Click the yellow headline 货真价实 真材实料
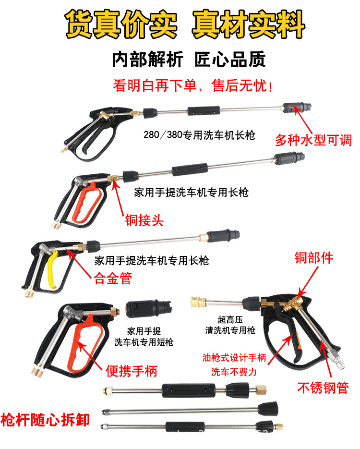tap(185, 24)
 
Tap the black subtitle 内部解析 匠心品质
tap(189, 60)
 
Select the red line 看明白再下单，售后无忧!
tap(192, 85)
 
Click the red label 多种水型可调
tap(313, 140)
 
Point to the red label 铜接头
tap(144, 220)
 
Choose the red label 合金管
tap(113, 279)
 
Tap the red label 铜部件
tap(314, 258)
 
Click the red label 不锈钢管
tap(323, 388)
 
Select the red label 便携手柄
tap(132, 371)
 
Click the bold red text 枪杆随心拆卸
tap(45, 420)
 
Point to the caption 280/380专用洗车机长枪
tap(199, 135)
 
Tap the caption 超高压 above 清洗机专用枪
tap(230, 319)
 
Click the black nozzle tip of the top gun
tap(297, 108)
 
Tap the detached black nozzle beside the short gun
tap(148, 309)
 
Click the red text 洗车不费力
tap(234, 372)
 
